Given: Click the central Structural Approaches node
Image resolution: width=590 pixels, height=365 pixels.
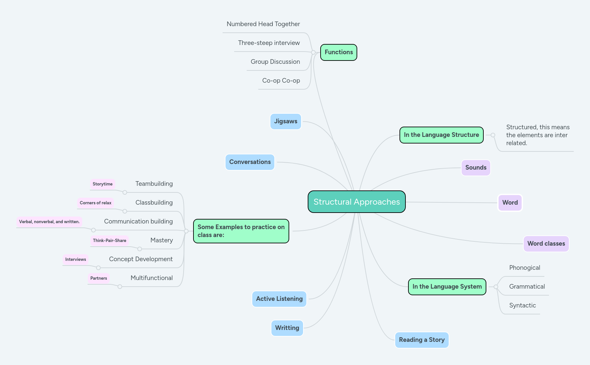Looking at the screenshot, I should pyautogui.click(x=357, y=202).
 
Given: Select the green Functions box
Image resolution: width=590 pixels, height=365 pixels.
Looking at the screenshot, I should pyautogui.click(x=338, y=52).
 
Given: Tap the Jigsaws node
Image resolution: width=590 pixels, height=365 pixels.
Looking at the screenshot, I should pyautogui.click(x=286, y=121).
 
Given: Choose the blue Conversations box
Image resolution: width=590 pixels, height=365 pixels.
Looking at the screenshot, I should pyautogui.click(x=250, y=162).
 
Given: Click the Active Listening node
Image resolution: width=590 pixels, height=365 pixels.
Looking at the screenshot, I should pyautogui.click(x=279, y=299).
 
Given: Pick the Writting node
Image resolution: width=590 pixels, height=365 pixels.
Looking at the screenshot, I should pyautogui.click(x=287, y=328).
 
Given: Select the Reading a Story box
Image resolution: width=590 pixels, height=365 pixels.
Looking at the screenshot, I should pyautogui.click(x=422, y=340).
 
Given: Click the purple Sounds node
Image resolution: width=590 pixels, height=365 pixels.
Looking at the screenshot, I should pyautogui.click(x=476, y=168).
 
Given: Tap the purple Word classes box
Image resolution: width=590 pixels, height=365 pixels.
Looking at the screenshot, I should pyautogui.click(x=546, y=244).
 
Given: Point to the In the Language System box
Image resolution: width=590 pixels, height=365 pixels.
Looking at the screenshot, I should pyautogui.click(x=447, y=287).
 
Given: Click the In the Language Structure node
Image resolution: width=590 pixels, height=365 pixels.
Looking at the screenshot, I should pyautogui.click(x=441, y=135).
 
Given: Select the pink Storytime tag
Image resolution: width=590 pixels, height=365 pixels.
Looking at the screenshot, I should pyautogui.click(x=102, y=184).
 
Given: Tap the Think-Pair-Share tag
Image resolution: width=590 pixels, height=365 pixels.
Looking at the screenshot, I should pyautogui.click(x=110, y=241).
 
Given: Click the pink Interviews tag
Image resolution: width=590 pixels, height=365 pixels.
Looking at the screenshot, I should pyautogui.click(x=76, y=260).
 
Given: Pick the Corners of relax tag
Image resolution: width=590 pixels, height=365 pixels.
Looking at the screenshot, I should pyautogui.click(x=95, y=203).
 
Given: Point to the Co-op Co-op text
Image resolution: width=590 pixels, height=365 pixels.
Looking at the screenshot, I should pyautogui.click(x=281, y=81).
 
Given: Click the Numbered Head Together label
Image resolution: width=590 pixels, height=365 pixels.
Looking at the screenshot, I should pyautogui.click(x=263, y=24).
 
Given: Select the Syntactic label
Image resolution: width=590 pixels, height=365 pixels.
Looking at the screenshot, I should pyautogui.click(x=522, y=305).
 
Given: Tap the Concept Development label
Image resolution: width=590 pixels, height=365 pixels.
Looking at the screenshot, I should pyautogui.click(x=141, y=259).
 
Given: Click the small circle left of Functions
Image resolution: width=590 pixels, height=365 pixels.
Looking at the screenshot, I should pyautogui.click(x=313, y=52).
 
